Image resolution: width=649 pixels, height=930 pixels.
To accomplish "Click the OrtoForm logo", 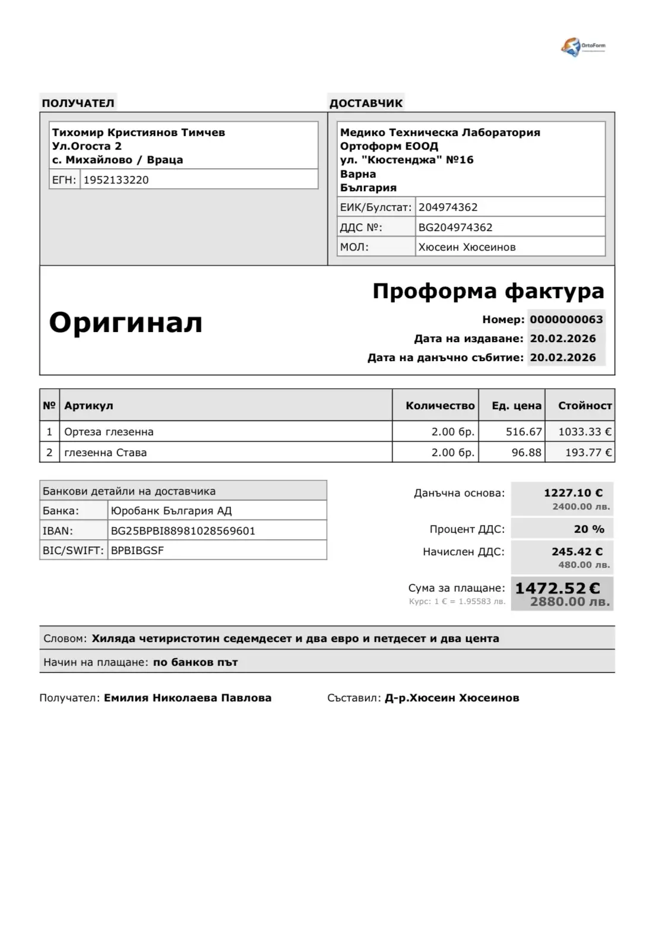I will (582, 47).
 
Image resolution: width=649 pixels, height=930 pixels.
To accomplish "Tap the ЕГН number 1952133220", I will (116, 180).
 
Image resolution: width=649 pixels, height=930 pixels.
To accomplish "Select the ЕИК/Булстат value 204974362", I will (448, 207).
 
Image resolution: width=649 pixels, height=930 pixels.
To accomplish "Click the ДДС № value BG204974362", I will (455, 227).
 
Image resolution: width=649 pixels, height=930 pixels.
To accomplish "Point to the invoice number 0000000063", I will (566, 320).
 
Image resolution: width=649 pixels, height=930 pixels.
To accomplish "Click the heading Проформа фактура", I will (487, 291).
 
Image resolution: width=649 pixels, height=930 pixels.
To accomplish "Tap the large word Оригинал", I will (125, 322).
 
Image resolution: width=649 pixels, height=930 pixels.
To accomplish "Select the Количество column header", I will (439, 406).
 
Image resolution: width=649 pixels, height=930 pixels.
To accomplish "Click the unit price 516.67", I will (523, 432).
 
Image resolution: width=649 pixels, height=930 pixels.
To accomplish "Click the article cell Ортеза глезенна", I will (109, 432).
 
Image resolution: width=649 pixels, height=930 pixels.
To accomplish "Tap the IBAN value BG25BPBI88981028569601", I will (183, 531).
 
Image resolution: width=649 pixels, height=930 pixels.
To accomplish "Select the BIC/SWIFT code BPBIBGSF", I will (137, 551).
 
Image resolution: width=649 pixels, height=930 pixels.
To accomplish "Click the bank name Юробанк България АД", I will (171, 511).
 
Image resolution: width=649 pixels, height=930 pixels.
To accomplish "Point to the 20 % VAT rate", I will (588, 529).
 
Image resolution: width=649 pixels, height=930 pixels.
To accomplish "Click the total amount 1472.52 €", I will (558, 589).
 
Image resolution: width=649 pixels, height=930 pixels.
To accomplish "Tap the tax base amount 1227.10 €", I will (573, 493).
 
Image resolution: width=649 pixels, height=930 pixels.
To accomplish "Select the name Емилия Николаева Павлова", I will (188, 698).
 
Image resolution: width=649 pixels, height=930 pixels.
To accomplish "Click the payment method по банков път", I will (195, 662).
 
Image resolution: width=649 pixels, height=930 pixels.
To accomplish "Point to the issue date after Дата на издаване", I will (562, 339).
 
